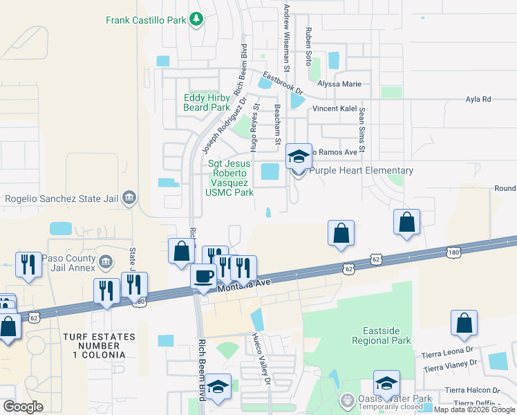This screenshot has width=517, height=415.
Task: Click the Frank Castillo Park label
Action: pos(146,20)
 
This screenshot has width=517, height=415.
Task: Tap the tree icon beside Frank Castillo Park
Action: pos(197,19)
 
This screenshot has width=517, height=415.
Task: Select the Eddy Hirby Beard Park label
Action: pos(207,103)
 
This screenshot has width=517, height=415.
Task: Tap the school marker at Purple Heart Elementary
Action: pos(299,157)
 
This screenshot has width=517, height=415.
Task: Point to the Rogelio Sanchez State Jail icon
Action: pos(129,199)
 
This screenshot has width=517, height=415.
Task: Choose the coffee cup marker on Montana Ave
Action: pos(203,277)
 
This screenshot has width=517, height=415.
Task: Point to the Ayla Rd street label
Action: pos(478,100)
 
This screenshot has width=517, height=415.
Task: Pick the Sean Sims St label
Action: pos(361,135)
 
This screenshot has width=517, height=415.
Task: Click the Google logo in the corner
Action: pos(23,407)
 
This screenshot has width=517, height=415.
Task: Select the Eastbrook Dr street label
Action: pos(283,82)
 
